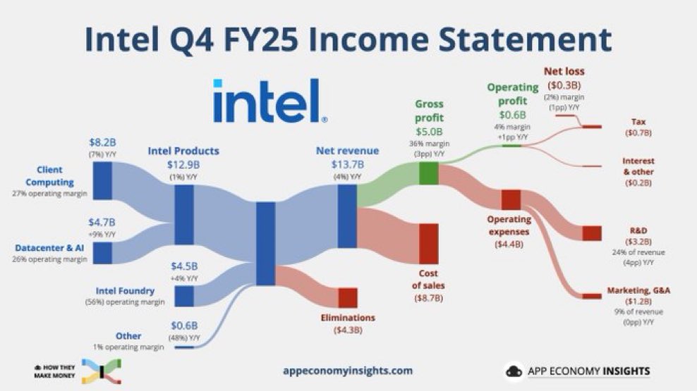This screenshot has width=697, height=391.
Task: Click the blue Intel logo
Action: click(x=269, y=101)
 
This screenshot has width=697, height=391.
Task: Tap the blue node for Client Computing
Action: click(x=103, y=180)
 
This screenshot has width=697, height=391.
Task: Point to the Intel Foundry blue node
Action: click(x=184, y=296)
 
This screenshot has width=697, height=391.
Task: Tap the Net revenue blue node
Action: click(x=347, y=217)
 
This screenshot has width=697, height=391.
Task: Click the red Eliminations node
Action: click(x=347, y=298)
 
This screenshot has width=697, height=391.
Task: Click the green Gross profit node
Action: click(x=428, y=173)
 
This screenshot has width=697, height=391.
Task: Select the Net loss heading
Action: click(x=564, y=71)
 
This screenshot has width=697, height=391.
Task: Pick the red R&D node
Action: click(x=590, y=234)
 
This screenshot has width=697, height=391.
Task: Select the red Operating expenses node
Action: click(x=510, y=199)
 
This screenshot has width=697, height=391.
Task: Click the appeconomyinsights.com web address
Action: click(x=347, y=370)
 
